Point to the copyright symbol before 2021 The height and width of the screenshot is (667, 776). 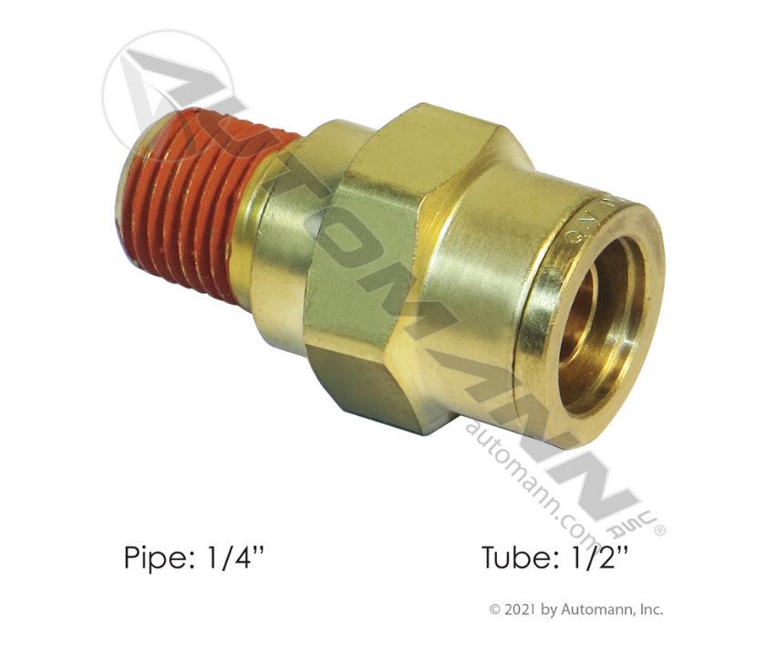[495, 610]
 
